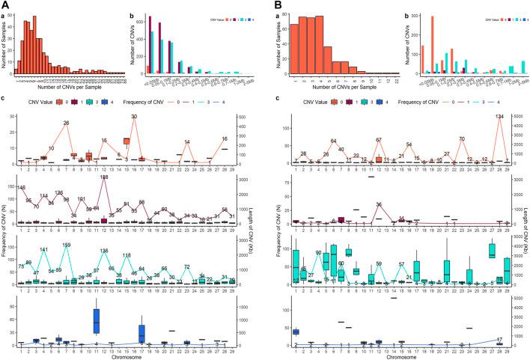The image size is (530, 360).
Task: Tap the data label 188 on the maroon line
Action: coord(104,177)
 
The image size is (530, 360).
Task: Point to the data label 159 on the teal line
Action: coord(67,245)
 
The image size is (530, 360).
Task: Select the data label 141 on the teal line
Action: coord(43,249)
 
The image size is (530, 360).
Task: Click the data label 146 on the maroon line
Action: coord(21,187)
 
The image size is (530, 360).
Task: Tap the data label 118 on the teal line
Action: coord(127,256)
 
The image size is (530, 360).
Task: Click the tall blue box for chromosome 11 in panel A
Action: coord(97,320)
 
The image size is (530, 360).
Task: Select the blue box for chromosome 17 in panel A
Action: coord(141,332)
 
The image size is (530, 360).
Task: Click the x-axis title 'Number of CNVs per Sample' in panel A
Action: coord(68,90)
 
